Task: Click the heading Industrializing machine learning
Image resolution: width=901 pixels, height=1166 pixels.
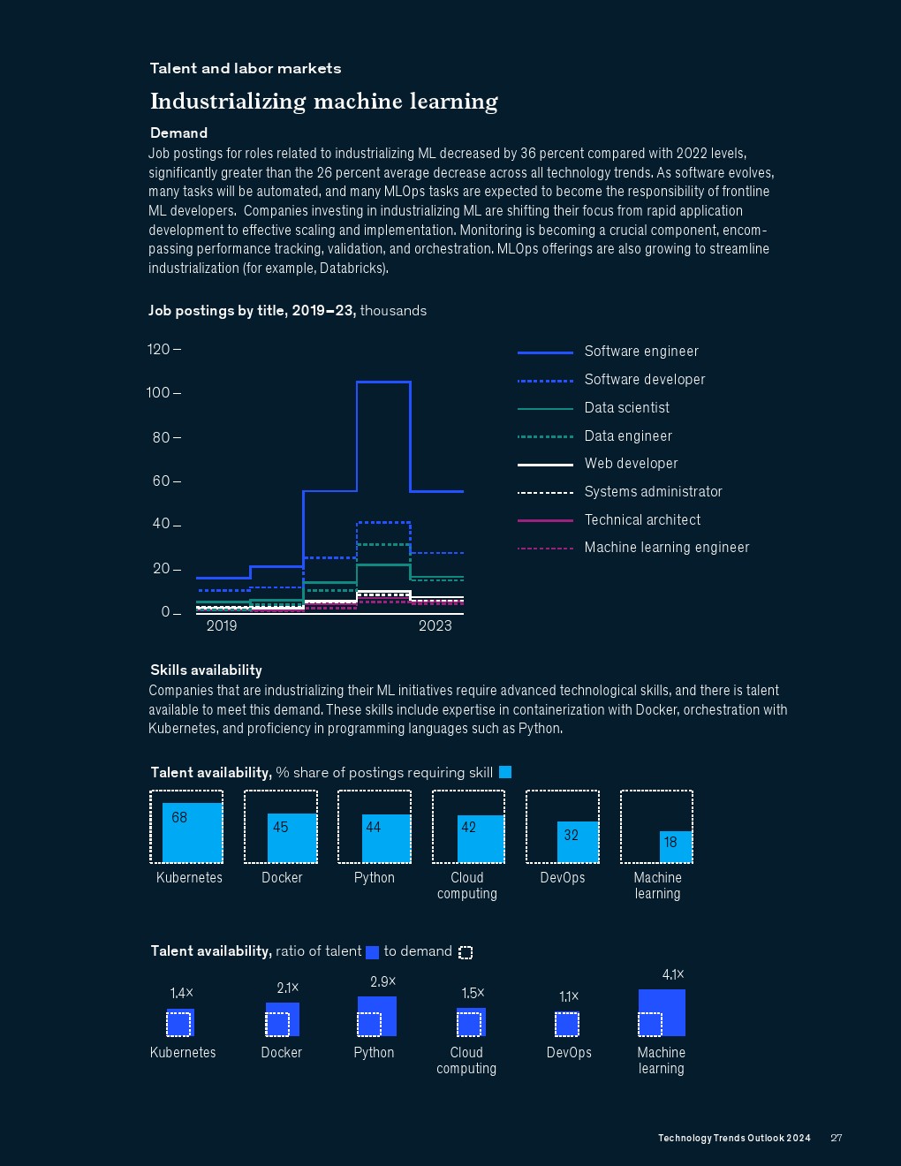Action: [x=323, y=102]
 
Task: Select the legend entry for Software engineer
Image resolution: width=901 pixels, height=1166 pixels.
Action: [x=640, y=352]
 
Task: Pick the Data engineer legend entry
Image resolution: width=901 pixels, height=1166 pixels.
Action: [x=627, y=436]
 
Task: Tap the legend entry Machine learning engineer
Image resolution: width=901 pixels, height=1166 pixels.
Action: [x=666, y=548]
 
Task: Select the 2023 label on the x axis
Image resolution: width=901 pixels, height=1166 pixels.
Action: [x=435, y=626]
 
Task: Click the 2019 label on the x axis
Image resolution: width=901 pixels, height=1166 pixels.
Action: [x=222, y=626]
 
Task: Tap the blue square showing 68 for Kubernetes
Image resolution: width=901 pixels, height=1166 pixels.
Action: [x=193, y=833]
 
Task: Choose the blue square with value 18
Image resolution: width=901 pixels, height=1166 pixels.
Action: [x=676, y=846]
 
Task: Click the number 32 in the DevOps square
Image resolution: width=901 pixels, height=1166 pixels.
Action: [x=572, y=835]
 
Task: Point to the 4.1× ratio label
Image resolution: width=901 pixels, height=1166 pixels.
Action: [x=673, y=975]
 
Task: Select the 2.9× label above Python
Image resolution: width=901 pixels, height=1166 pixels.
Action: [x=382, y=982]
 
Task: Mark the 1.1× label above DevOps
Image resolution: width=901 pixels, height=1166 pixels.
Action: [x=569, y=997]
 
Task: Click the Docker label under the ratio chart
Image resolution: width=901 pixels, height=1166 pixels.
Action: [x=282, y=1053]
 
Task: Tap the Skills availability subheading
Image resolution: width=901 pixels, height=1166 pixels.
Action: [x=206, y=670]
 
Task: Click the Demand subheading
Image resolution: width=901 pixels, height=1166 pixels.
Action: [x=178, y=133]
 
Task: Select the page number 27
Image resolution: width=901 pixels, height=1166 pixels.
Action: [x=837, y=1138]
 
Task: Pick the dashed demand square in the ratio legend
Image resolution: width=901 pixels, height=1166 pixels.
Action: [x=466, y=952]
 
